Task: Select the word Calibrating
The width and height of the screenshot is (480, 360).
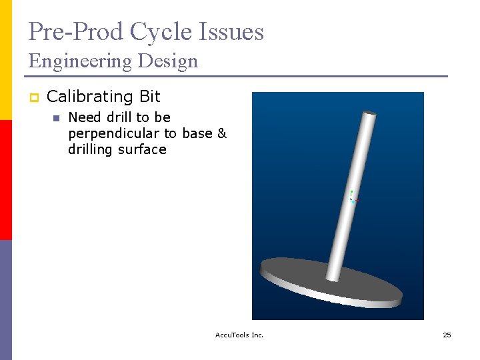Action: [x=91, y=97]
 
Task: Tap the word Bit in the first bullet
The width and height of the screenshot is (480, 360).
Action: [x=150, y=97]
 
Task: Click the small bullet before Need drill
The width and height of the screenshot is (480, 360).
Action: [x=56, y=118]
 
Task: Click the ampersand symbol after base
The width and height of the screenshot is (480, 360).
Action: [x=222, y=133]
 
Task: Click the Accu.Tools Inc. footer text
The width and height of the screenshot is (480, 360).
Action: [x=239, y=335]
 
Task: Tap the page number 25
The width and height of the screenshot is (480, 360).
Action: [x=447, y=335]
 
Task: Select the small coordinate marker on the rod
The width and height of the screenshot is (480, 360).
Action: [x=353, y=196]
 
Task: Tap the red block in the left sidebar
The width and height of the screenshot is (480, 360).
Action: [x=6, y=180]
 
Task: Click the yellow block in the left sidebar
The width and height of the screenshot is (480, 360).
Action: [x=6, y=60]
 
